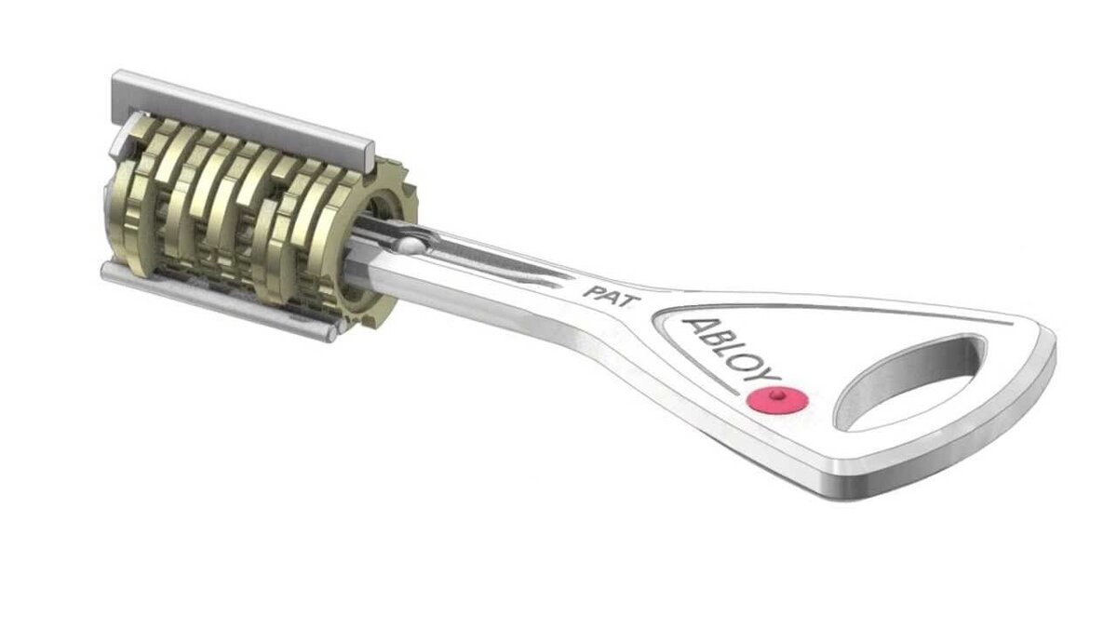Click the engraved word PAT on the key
click(602, 290)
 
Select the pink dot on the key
click(776, 401)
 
